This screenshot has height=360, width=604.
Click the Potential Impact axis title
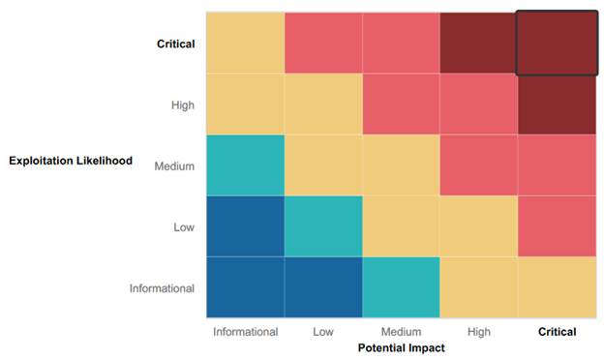[401, 347]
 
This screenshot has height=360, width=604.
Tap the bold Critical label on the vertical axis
[175, 44]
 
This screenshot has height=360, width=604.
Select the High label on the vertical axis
[182, 105]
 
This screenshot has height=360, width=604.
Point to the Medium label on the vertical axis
[174, 165]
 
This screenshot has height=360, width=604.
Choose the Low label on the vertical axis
[183, 226]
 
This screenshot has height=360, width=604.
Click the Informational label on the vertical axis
[162, 287]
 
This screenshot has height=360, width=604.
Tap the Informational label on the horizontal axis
[246, 331]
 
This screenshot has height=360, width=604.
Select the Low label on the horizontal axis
[323, 331]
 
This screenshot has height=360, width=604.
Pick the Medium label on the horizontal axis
[401, 331]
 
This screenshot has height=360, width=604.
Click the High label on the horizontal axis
[478, 331]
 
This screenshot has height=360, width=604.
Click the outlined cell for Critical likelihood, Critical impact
[556, 44]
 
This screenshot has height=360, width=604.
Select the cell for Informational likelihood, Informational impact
[246, 287]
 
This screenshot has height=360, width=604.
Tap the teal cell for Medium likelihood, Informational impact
[246, 165]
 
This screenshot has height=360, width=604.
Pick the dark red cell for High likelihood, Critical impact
[556, 105]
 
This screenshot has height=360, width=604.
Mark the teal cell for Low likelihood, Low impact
[323, 226]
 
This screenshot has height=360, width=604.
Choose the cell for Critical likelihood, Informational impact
[246, 44]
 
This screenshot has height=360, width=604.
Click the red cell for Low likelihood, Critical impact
[556, 226]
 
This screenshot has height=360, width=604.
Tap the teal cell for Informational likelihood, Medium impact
[401, 287]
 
